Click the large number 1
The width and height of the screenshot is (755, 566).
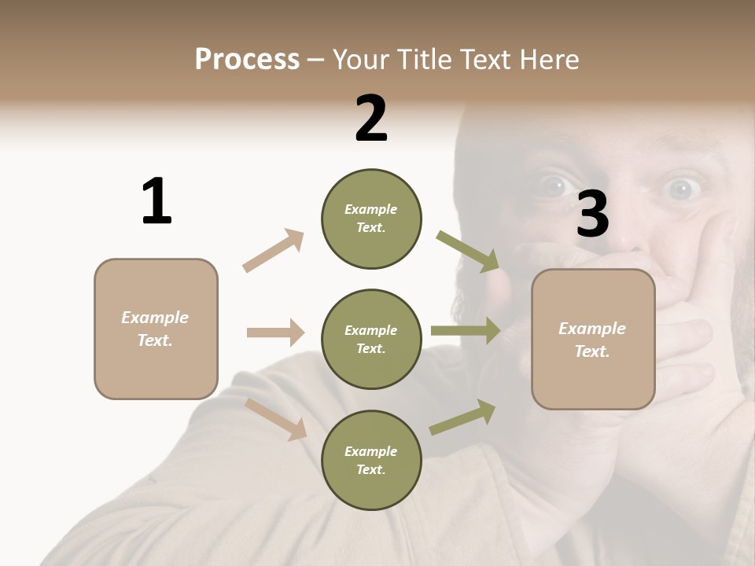tap(157, 201)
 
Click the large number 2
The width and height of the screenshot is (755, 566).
tap(371, 119)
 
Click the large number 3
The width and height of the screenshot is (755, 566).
tap(592, 214)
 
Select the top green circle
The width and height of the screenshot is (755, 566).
tap(371, 219)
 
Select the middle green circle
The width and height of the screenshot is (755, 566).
tap(371, 339)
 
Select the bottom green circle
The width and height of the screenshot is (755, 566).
tap(371, 460)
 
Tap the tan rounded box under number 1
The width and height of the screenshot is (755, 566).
tap(156, 329)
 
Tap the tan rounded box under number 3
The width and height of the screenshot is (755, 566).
tap(593, 339)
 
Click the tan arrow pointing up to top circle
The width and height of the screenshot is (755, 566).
tap(274, 250)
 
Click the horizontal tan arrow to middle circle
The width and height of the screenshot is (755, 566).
tap(275, 333)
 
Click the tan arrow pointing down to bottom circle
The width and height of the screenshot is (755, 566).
tap(276, 418)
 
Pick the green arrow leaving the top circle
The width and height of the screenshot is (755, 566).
tap(468, 252)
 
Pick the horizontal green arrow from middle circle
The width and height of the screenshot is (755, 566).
tap(465, 331)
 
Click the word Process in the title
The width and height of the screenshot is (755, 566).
tap(247, 59)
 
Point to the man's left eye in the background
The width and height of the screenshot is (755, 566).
tap(681, 188)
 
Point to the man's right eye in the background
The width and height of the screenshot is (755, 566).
tap(556, 186)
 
